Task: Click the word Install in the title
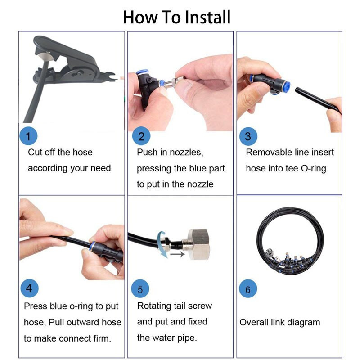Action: coord(207,17)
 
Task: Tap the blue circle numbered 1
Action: coord(28,136)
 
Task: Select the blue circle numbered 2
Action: coord(141,136)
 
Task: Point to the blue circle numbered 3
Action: coord(248,136)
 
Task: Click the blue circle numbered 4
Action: coord(29,288)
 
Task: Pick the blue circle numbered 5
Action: coord(140,288)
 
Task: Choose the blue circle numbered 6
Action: coord(248,288)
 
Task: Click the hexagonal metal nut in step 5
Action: coord(199,244)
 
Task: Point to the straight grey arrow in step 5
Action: coord(177,254)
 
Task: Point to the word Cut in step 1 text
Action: coord(35,152)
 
